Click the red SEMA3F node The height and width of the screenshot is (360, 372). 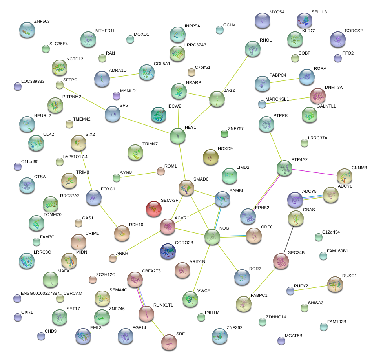(153, 209)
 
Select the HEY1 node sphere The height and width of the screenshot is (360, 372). (178, 136)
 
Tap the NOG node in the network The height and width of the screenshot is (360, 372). (212, 237)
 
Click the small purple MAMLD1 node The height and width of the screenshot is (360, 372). (116, 95)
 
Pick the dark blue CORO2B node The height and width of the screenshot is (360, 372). (168, 251)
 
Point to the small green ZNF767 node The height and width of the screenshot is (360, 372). (224, 134)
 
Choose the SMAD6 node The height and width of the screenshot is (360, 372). (186, 188)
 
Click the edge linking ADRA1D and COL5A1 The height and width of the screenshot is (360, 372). (124, 75)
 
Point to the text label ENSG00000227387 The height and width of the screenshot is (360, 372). (40, 293)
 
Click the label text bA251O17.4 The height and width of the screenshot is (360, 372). (75, 157)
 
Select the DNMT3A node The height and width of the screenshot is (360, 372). (317, 95)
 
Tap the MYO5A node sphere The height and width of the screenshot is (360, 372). (263, 20)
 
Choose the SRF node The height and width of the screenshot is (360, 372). (169, 342)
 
